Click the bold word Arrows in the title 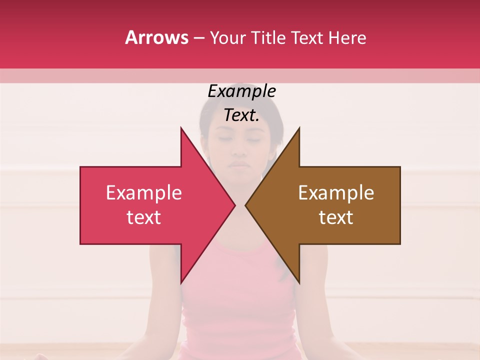click(x=157, y=37)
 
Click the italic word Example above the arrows click(x=241, y=91)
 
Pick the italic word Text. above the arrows click(x=241, y=115)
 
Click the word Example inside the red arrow click(x=144, y=193)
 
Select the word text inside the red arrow click(x=144, y=217)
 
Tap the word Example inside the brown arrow click(x=336, y=193)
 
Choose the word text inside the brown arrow click(x=336, y=217)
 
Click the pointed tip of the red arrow click(x=235, y=205)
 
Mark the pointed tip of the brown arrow click(x=245, y=205)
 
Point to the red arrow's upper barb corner click(x=181, y=128)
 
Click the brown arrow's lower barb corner click(x=299, y=283)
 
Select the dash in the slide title click(x=198, y=38)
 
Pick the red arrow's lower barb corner click(x=181, y=283)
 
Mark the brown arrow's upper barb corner click(x=299, y=128)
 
